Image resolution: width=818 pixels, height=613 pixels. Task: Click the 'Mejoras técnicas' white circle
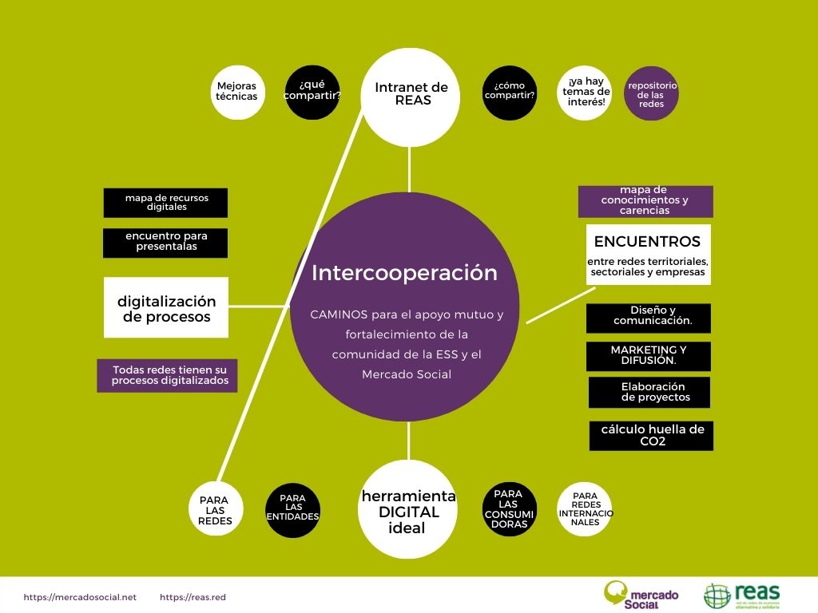(x=236, y=92)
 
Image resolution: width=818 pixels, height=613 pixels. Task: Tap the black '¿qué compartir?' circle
(x=313, y=92)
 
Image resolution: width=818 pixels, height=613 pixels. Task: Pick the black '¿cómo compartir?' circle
(x=510, y=92)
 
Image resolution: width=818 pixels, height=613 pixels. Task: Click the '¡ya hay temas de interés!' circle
(x=585, y=92)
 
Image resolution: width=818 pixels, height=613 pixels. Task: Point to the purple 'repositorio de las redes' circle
(x=651, y=93)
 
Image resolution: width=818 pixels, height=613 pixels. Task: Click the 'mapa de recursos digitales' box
(x=165, y=203)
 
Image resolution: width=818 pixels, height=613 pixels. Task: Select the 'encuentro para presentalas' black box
(x=165, y=243)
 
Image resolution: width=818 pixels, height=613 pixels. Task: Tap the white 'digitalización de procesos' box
(x=166, y=307)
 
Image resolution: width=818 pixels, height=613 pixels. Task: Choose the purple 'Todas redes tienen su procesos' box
(x=167, y=375)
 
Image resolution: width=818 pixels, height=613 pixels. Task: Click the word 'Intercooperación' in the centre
(x=404, y=273)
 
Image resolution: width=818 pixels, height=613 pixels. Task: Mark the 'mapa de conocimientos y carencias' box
(x=645, y=201)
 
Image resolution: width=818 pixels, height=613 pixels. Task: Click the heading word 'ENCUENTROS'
(x=647, y=242)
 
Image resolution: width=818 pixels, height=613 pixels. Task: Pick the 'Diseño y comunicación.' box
(x=648, y=318)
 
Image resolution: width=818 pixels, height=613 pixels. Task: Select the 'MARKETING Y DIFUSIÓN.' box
(x=648, y=356)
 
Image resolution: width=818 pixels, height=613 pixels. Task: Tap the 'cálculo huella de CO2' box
(x=651, y=435)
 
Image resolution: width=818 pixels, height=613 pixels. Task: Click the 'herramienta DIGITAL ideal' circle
(x=408, y=509)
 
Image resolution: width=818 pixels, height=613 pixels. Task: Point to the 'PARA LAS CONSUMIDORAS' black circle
(x=509, y=509)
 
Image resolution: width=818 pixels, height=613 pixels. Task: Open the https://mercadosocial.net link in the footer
(x=80, y=597)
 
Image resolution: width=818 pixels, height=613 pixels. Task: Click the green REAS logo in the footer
(x=742, y=595)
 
